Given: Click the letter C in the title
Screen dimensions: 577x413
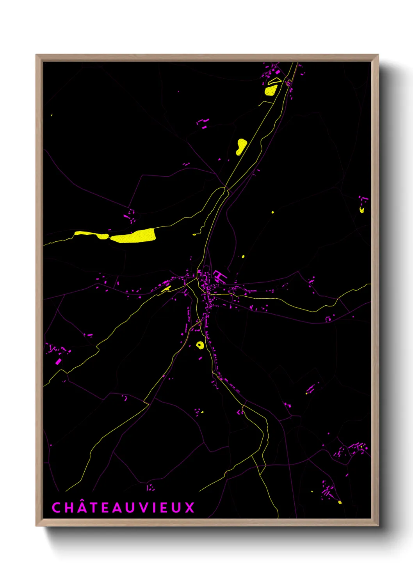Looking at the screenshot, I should click(56, 508).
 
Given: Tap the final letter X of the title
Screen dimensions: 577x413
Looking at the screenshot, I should click(190, 508).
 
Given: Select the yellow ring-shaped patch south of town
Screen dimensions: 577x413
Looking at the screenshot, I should click(200, 345).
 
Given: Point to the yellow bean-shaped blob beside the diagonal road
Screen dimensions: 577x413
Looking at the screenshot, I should click(241, 147).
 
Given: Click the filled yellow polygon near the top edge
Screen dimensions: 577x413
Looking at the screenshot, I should click(271, 90).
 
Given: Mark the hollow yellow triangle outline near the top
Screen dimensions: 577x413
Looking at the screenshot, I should click(274, 81).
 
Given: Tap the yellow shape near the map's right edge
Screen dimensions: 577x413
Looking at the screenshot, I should click(362, 210).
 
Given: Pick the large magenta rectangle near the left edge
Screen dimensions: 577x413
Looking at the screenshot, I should click(58, 362).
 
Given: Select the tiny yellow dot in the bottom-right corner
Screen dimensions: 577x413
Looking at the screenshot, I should click(340, 502).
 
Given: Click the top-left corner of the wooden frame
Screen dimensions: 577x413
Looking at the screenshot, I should click(36, 55).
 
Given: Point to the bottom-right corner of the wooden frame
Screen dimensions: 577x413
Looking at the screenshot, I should click(378, 526).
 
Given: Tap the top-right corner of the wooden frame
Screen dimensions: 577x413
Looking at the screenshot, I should click(378, 55).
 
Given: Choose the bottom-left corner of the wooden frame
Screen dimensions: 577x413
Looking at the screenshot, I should click(36, 526).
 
